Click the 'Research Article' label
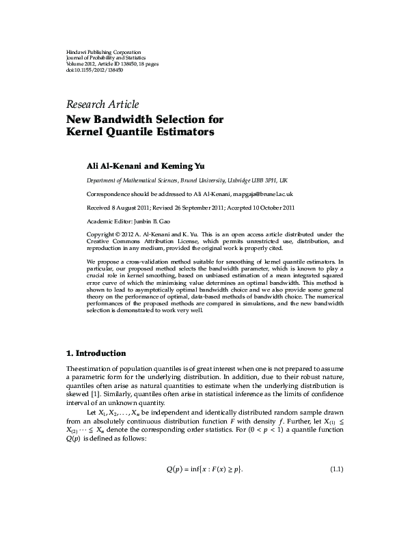(102, 105)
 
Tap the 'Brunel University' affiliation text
(206, 180)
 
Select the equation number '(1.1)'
(336, 488)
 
